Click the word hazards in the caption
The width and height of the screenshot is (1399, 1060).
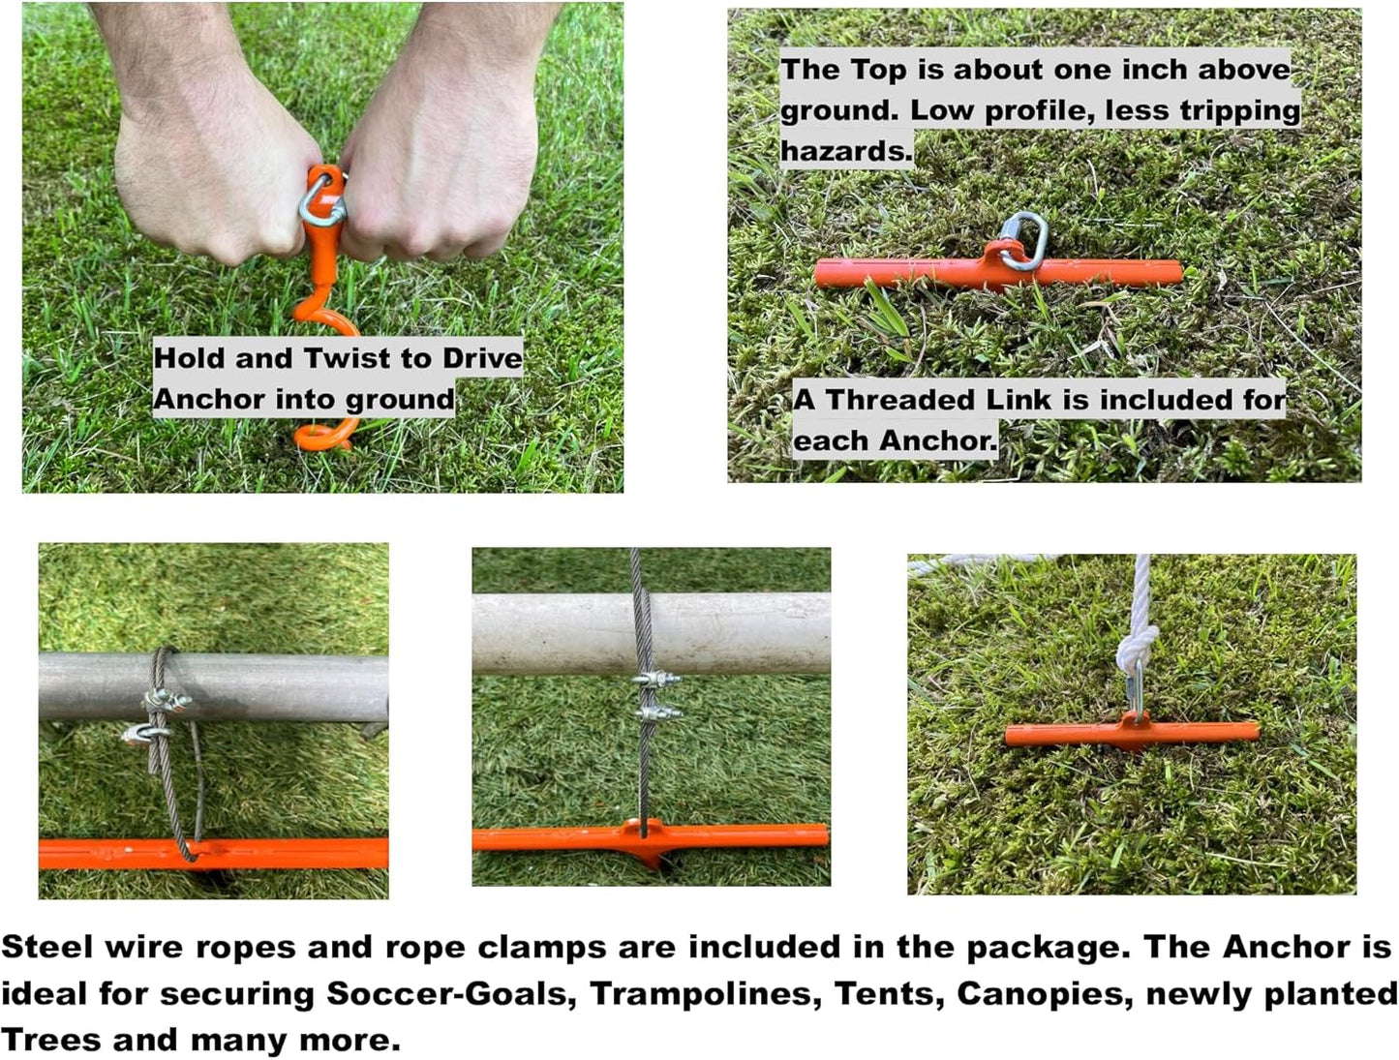click(845, 151)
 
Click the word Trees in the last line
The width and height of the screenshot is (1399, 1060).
click(50, 1041)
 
